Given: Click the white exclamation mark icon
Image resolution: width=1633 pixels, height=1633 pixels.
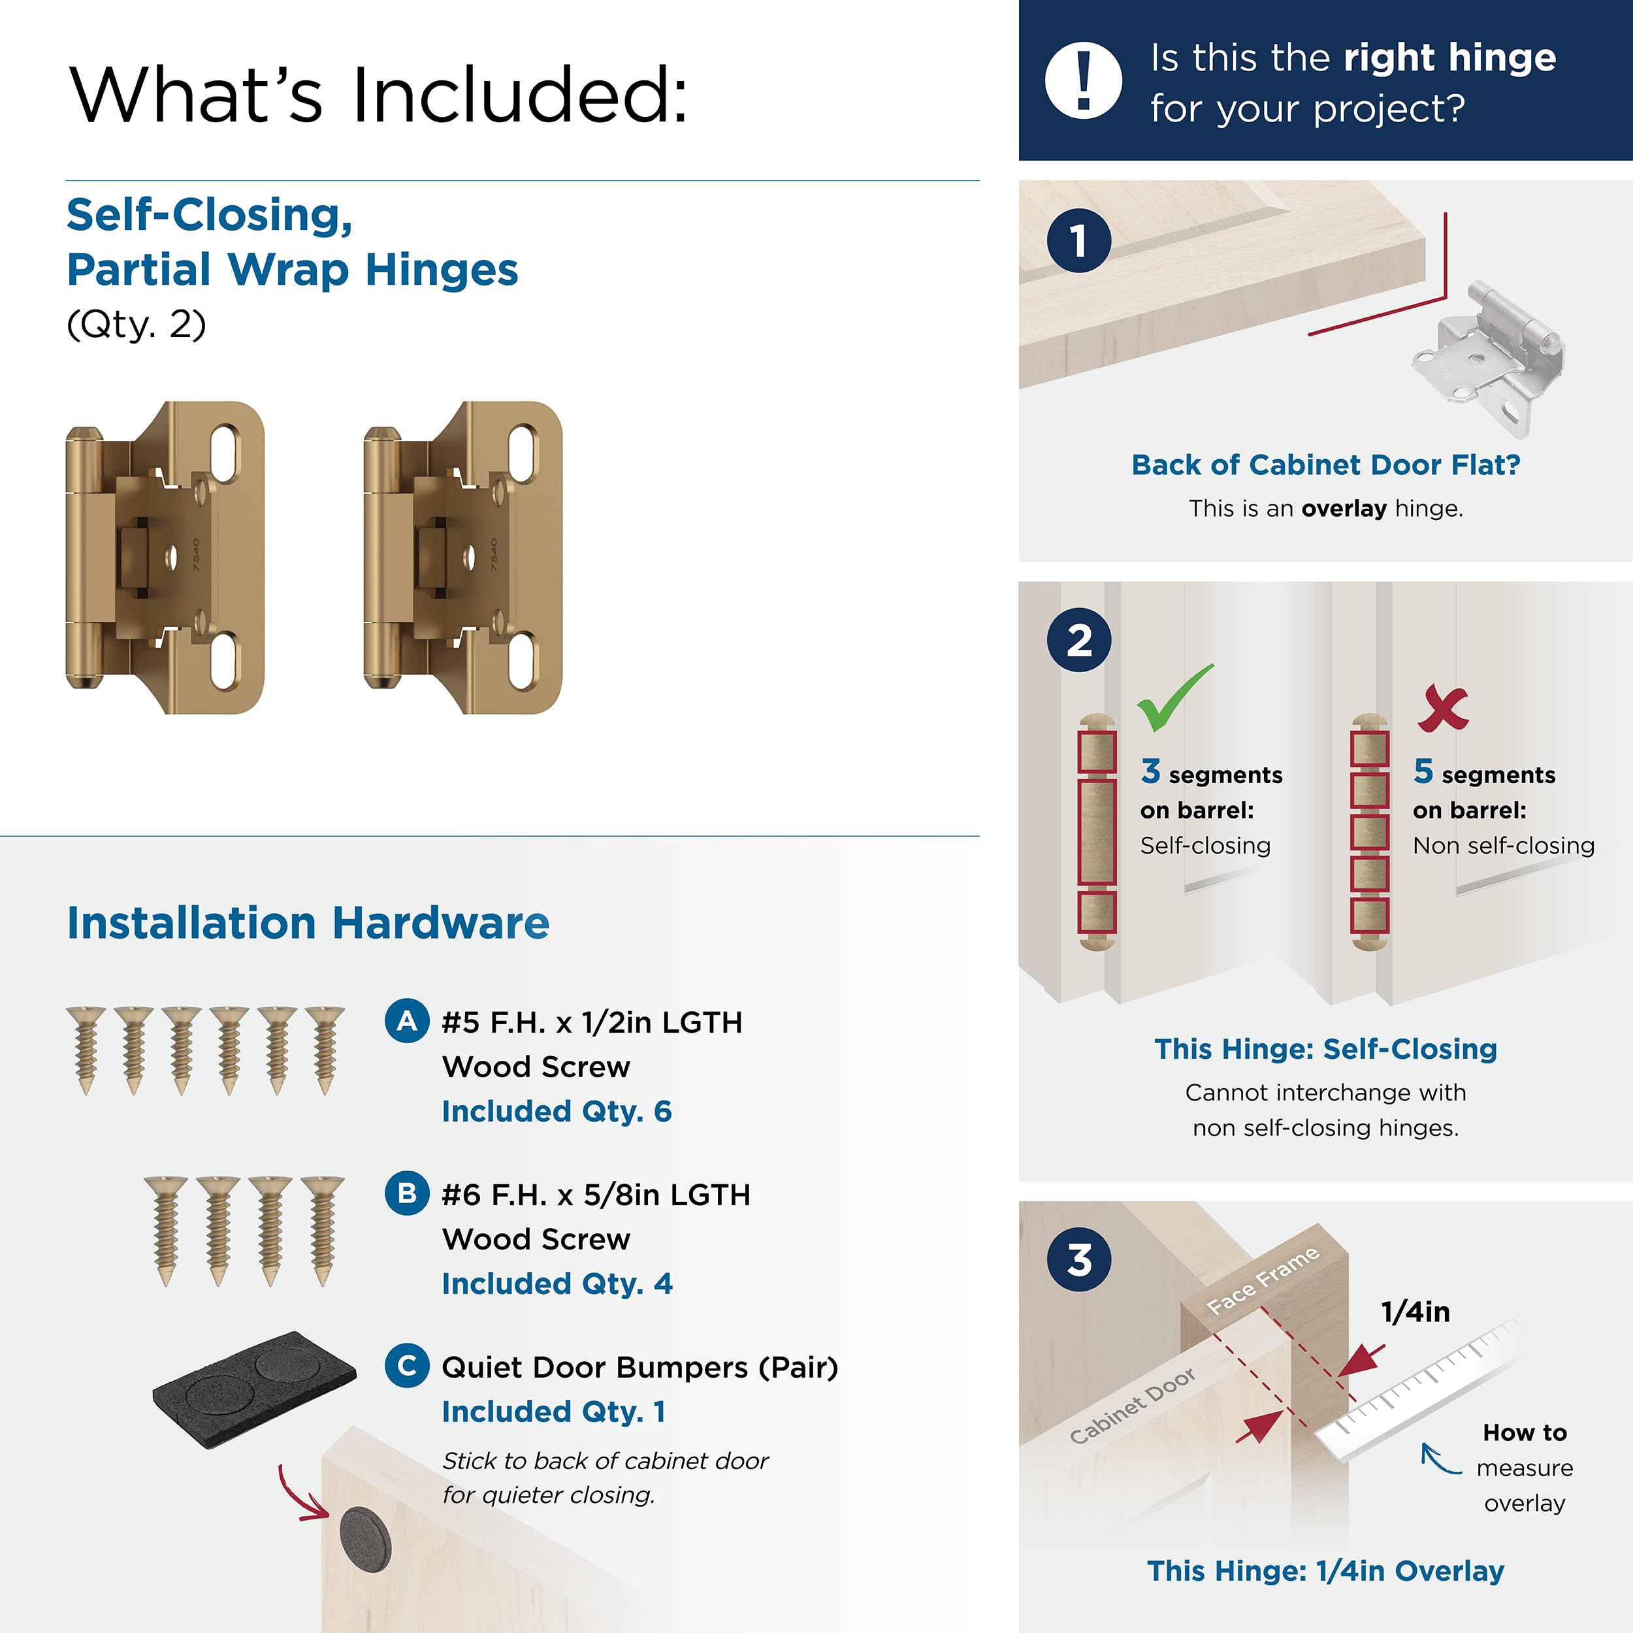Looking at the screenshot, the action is pyautogui.click(x=1084, y=80).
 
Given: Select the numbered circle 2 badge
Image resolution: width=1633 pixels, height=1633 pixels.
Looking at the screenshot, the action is pyautogui.click(x=1079, y=640).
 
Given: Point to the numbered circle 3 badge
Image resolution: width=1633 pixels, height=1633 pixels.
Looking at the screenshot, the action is pyautogui.click(x=1079, y=1259).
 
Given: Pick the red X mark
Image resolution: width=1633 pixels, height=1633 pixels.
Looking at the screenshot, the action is pyautogui.click(x=1443, y=707).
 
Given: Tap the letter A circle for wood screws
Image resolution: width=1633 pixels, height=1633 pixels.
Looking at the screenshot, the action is pyautogui.click(x=406, y=1021).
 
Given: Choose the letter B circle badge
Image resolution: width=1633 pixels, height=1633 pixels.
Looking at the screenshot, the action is pyautogui.click(x=406, y=1193).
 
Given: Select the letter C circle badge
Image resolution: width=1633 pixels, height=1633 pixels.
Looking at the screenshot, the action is pyautogui.click(x=406, y=1366).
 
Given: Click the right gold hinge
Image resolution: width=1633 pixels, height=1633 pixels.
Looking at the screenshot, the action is pyautogui.click(x=463, y=558).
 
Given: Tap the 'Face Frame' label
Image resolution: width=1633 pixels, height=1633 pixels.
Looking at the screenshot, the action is pyautogui.click(x=1263, y=1280).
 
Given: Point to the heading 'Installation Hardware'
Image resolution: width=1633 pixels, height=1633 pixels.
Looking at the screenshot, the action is pyautogui.click(x=308, y=922).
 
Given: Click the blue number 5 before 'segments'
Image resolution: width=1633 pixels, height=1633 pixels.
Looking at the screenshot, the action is pyautogui.click(x=1423, y=771).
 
